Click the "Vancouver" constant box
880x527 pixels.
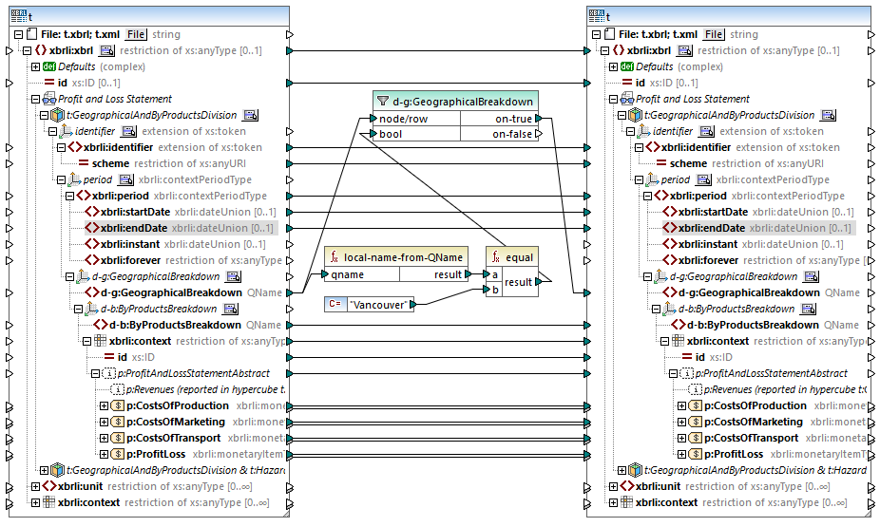[x=380, y=305]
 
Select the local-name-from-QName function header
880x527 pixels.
[x=404, y=257]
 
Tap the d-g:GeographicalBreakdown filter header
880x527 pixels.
[x=463, y=102]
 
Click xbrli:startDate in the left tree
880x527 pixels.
[x=136, y=212]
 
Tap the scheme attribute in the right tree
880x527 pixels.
[x=708, y=163]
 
